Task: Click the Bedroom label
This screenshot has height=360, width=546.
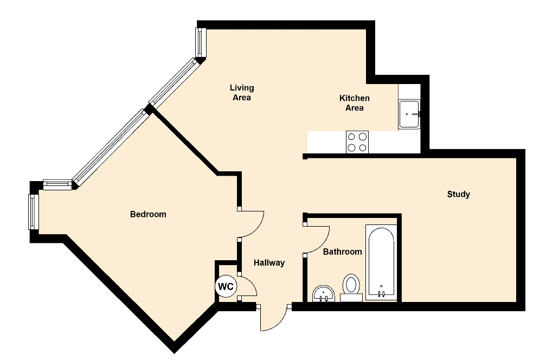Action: [148, 214]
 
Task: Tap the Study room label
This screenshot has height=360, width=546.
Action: [458, 194]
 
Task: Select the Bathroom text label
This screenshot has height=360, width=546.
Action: [342, 252]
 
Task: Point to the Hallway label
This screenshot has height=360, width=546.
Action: [269, 262]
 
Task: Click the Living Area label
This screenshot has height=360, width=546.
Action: [242, 93]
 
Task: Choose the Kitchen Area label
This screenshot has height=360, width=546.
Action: [354, 103]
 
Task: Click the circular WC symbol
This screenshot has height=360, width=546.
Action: [226, 287]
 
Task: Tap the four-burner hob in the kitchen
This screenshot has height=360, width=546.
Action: [357, 142]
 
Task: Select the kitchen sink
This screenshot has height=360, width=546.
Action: [409, 114]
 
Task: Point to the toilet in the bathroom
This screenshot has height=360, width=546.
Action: [351, 287]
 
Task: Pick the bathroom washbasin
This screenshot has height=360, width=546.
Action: [324, 294]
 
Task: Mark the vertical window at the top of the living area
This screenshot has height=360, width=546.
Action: [200, 42]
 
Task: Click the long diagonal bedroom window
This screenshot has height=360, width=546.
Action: [111, 147]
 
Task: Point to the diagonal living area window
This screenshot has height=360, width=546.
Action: [174, 82]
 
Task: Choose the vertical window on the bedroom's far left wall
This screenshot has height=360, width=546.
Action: [33, 211]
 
